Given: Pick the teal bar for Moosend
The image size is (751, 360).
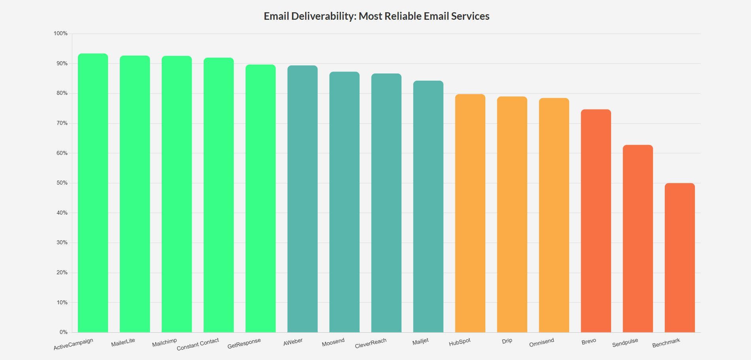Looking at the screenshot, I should click(344, 202).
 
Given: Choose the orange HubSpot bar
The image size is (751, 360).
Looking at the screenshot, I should click(470, 213).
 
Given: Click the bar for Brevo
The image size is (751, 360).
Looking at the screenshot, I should click(596, 221).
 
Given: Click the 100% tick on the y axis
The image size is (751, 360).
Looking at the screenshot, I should click(60, 34).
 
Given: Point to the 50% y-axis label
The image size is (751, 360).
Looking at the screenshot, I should click(62, 183).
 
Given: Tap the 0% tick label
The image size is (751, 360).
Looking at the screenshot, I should click(63, 332).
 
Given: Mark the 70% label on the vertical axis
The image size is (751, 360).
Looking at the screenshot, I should click(62, 123).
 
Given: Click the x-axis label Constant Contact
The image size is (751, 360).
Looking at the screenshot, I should click(198, 344).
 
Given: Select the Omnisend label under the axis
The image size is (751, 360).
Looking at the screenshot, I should click(542, 342).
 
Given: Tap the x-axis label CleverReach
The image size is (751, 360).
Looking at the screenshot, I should click(370, 343).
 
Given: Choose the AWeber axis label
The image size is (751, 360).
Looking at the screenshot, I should click(293, 342).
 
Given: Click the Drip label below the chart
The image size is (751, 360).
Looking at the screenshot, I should click(507, 341).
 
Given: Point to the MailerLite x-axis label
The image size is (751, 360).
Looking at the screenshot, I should click(123, 342).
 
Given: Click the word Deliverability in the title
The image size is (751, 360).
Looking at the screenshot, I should click(323, 16).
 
